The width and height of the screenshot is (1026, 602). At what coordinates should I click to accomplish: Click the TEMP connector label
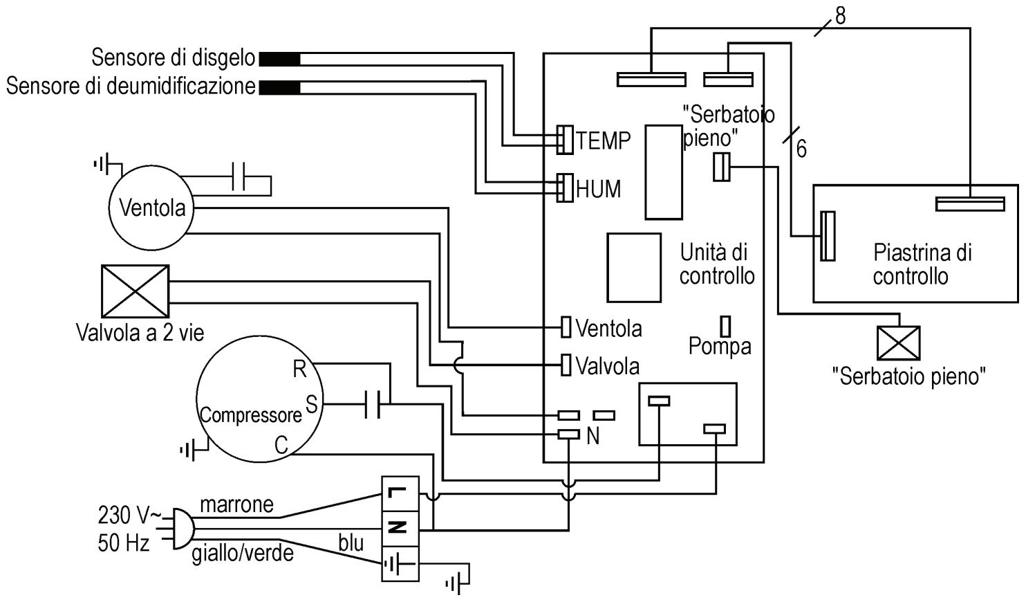tap(603, 140)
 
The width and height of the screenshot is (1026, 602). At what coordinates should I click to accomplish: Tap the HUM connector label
tap(598, 189)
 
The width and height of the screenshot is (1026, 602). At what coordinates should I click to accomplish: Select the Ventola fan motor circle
tap(151, 207)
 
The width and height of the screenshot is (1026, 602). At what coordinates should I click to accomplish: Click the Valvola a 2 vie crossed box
tap(135, 291)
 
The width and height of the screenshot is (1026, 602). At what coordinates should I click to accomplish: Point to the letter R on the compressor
tap(299, 369)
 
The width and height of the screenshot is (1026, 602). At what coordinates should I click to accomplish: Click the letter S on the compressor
tap(311, 404)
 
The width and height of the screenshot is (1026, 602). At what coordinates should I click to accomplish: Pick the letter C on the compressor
tap(281, 444)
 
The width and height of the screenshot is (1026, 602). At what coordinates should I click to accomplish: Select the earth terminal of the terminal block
tap(400, 564)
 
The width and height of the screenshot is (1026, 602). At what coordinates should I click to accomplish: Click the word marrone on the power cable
tap(237, 505)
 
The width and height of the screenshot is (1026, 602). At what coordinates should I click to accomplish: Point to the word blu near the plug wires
tap(351, 543)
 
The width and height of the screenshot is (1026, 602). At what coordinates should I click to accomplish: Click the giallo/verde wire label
tap(242, 554)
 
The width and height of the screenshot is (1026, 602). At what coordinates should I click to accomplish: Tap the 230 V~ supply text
tap(129, 516)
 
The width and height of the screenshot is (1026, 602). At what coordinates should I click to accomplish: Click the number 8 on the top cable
tap(840, 16)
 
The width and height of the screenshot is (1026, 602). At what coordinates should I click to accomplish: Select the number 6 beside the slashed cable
tap(801, 149)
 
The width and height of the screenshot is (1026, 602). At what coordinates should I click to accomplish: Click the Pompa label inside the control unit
tap(720, 347)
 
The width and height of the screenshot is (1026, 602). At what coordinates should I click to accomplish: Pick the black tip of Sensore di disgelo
tap(279, 59)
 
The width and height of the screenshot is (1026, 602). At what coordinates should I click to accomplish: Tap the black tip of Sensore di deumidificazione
tap(279, 88)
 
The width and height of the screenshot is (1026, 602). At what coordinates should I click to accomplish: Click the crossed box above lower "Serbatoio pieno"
tap(898, 343)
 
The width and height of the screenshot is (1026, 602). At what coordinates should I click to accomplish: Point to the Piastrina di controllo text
tap(922, 264)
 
